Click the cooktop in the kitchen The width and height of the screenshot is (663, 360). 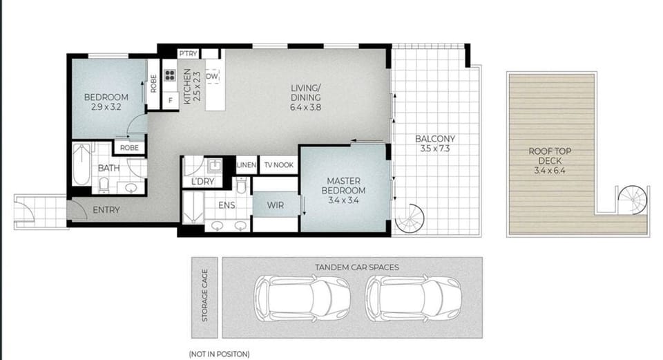tap(170, 76)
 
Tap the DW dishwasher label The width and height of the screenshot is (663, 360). tap(212, 77)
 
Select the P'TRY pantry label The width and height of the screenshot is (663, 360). tap(188, 54)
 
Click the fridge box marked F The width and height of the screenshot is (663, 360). tap(171, 101)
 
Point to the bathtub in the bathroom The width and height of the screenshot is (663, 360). tap(81, 164)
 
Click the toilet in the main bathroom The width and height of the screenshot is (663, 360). tap(104, 185)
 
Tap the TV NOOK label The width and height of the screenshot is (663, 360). tap(278, 165)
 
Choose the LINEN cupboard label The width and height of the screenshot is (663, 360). tap(247, 165)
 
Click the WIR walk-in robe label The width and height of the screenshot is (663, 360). tap(276, 206)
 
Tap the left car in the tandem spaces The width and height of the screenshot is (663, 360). tap(302, 297)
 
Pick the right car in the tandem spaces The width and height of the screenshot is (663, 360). tap(414, 297)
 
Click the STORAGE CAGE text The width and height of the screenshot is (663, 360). tap(205, 295)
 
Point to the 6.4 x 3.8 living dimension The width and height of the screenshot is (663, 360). tap(305, 108)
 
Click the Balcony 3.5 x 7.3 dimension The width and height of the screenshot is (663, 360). tap(435, 149)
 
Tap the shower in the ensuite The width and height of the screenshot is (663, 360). tap(193, 207)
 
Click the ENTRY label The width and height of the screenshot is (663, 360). tap(106, 210)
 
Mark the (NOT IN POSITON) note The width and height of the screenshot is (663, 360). tap(219, 354)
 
